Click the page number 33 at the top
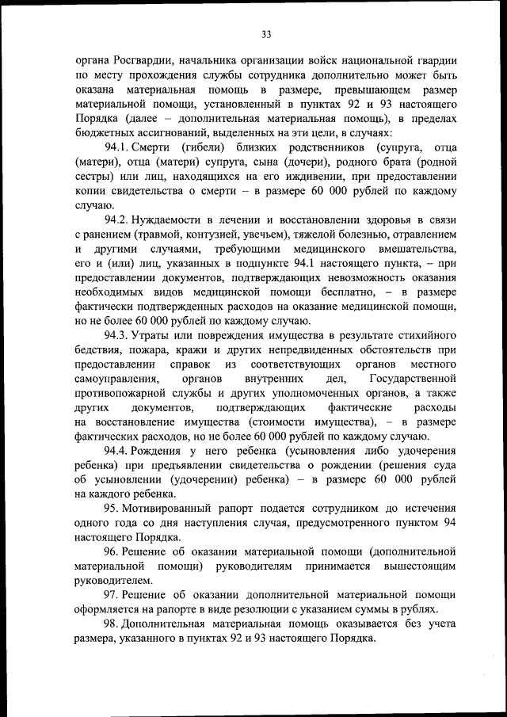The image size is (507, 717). click(x=266, y=33)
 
